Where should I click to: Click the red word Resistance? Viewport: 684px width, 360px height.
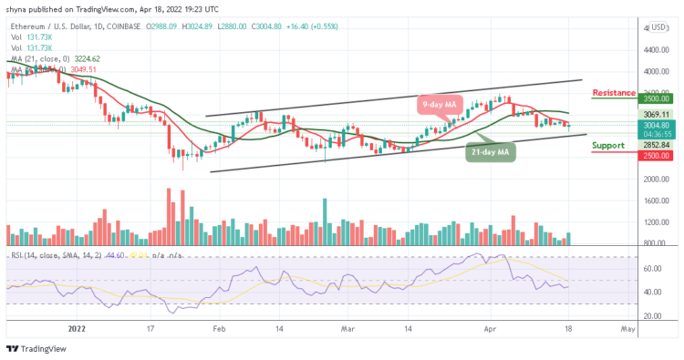(614, 92)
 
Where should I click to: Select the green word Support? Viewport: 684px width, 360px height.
(608, 145)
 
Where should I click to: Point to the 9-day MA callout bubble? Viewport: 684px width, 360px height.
(441, 103)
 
